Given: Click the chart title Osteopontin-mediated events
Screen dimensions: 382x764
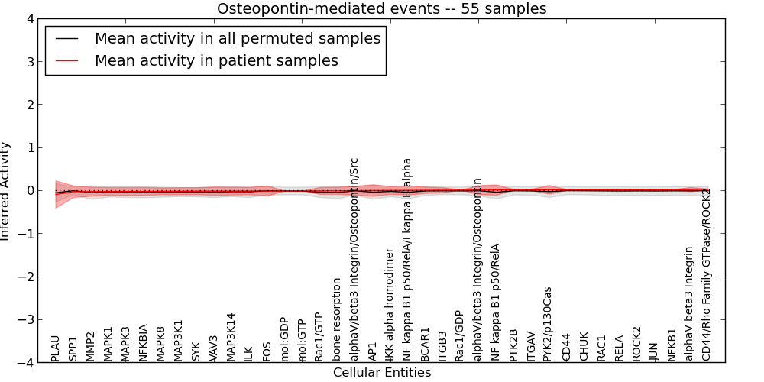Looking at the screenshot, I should click(x=381, y=9).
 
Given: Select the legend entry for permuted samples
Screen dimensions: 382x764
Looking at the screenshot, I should click(x=237, y=39).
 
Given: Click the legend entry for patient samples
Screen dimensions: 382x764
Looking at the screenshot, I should click(x=216, y=61).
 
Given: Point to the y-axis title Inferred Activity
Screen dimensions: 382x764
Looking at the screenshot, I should click(x=6, y=191).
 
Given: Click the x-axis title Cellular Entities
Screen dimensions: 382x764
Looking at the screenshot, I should click(x=381, y=373).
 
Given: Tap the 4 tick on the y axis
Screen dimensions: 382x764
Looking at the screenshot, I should click(x=31, y=18).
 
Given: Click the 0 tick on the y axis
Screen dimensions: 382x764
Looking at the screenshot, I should click(x=31, y=191).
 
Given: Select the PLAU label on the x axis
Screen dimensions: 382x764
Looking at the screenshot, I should click(x=55, y=347).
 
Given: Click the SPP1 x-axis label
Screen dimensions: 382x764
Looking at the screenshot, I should click(x=73, y=348).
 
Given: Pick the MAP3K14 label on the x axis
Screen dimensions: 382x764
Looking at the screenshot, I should click(x=231, y=337).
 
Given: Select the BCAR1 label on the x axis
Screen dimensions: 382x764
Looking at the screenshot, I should click(x=425, y=345).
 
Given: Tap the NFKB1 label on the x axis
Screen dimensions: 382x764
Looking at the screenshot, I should click(x=672, y=345).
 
